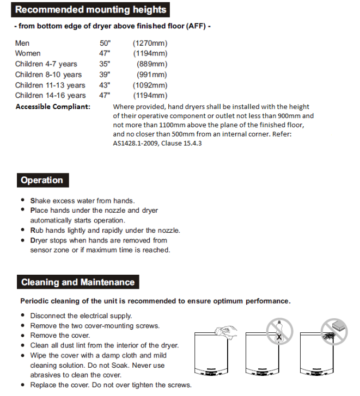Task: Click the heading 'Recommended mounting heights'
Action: click(x=90, y=10)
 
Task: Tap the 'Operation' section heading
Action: click(x=42, y=181)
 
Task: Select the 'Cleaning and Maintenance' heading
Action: click(x=78, y=282)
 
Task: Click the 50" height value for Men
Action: click(x=104, y=43)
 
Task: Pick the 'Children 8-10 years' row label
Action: click(x=48, y=75)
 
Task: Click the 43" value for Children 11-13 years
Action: click(x=104, y=85)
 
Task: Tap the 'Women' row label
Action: click(x=28, y=53)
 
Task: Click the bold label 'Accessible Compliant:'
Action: click(x=53, y=107)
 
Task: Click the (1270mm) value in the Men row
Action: click(x=150, y=43)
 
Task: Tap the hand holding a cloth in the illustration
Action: click(x=224, y=331)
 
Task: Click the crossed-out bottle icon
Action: click(x=279, y=331)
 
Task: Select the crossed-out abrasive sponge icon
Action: click(x=334, y=331)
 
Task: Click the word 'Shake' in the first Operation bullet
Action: click(x=40, y=201)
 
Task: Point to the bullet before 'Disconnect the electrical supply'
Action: click(x=22, y=315)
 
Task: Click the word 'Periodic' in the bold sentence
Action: click(x=35, y=301)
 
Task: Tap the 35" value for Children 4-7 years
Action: click(x=104, y=64)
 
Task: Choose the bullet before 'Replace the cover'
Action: click(x=22, y=385)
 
